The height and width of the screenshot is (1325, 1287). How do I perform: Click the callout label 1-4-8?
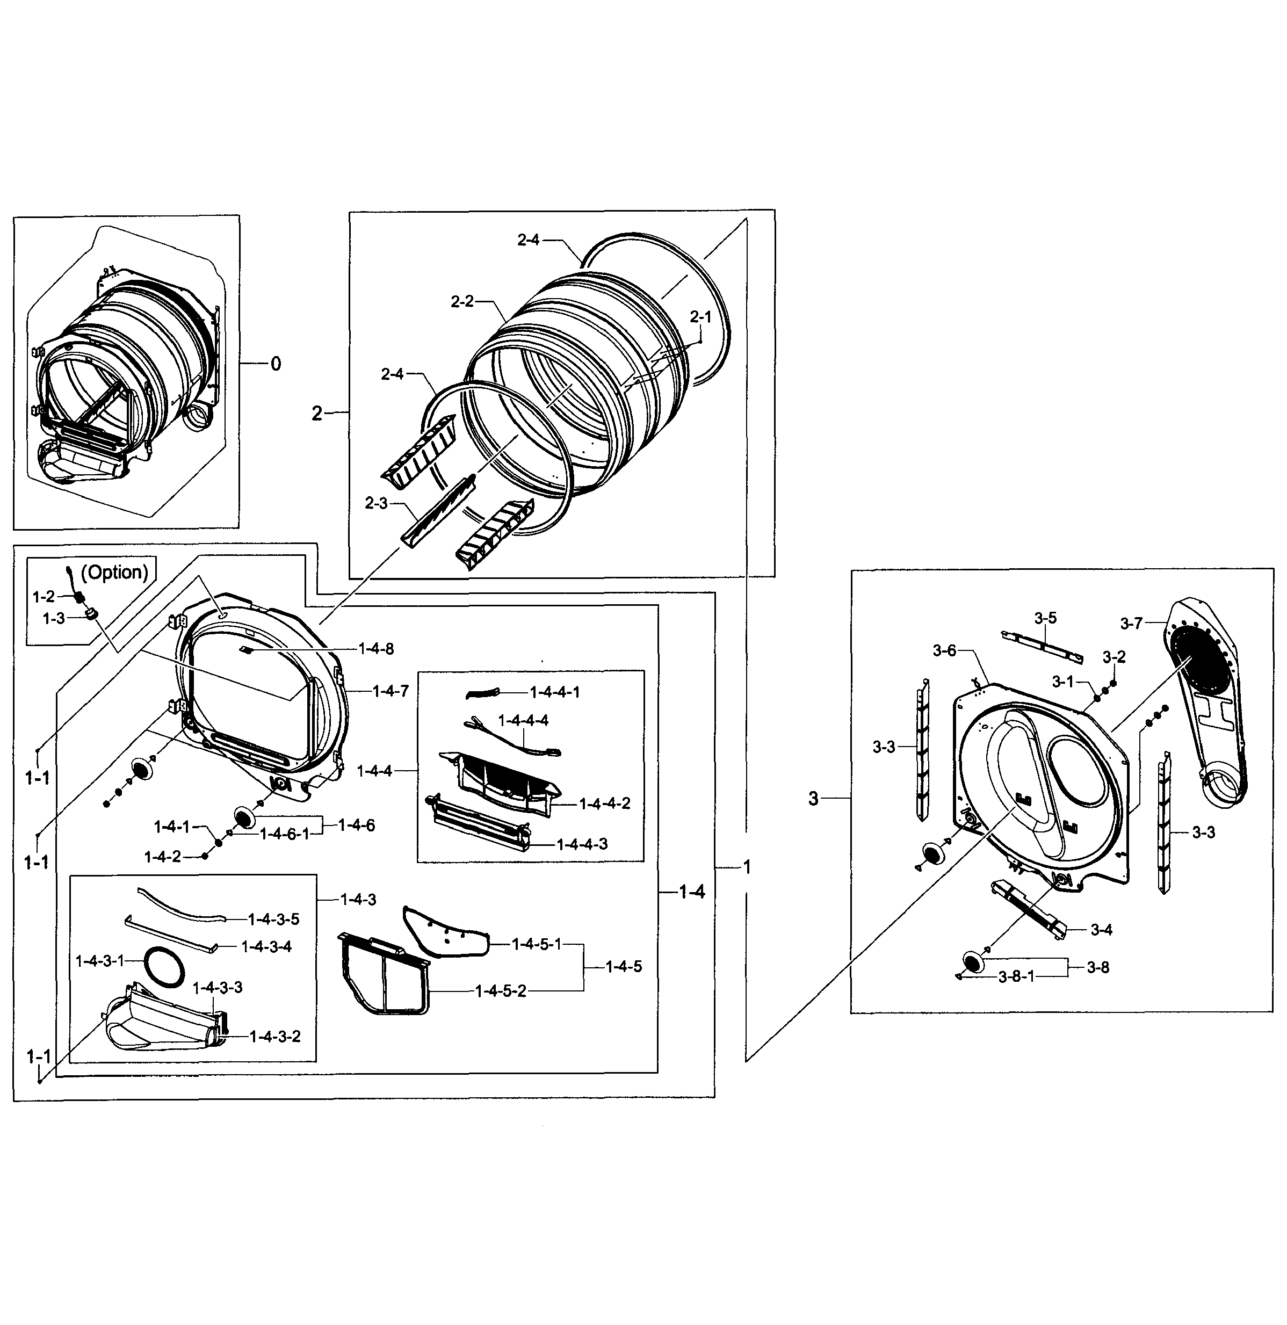click(376, 649)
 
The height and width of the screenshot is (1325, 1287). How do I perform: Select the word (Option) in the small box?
click(114, 573)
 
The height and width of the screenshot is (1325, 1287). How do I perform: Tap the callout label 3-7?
click(1131, 623)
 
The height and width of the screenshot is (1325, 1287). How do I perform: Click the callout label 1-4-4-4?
click(523, 721)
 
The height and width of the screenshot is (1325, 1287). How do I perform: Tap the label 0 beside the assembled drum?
click(276, 364)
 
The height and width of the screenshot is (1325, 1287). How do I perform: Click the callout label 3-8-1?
click(1016, 978)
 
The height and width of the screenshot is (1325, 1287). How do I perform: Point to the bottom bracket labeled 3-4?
click(1028, 910)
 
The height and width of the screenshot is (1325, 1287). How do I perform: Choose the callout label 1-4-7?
click(391, 691)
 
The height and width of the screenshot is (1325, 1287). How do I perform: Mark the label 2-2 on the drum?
click(462, 301)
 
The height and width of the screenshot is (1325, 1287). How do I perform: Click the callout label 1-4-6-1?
click(285, 834)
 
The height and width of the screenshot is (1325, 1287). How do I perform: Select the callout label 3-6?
click(944, 650)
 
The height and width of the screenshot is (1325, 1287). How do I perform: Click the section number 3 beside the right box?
click(813, 799)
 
